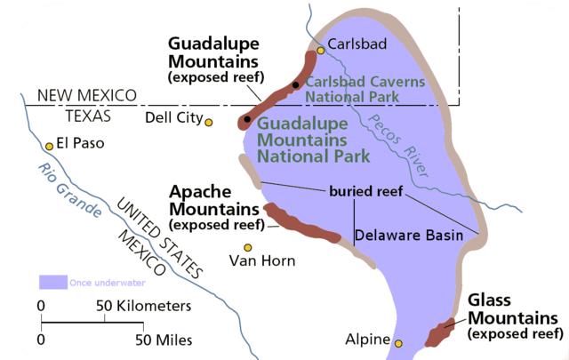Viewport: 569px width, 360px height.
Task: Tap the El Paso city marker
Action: coord(48,146)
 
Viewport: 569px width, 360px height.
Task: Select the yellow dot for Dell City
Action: coord(209,122)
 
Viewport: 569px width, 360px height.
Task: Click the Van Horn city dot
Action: coord(249,247)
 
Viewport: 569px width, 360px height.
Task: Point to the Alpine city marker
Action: coord(398,342)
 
